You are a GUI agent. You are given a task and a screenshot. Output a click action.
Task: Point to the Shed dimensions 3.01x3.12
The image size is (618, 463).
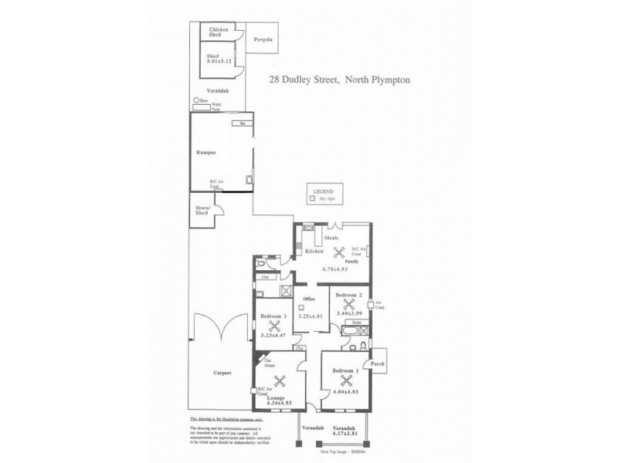click(x=219, y=61)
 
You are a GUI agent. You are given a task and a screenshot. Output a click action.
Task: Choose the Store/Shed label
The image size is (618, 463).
click(x=203, y=210)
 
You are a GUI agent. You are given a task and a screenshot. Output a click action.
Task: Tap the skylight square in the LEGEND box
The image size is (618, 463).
click(x=312, y=198)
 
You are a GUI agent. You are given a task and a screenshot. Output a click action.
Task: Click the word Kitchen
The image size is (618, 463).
click(x=313, y=252)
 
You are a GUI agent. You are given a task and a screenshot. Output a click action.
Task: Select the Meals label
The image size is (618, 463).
click(x=331, y=238)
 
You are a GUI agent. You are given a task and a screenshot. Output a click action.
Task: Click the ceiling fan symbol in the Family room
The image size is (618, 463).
click(x=337, y=252)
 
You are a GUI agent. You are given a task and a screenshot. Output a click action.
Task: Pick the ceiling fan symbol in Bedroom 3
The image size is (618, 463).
click(x=271, y=326)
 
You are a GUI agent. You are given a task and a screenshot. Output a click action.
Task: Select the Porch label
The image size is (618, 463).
click(x=378, y=362)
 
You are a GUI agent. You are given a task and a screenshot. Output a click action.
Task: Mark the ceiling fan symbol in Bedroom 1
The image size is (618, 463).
click(x=346, y=380)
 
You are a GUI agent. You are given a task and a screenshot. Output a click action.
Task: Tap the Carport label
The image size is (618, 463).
click(x=223, y=373)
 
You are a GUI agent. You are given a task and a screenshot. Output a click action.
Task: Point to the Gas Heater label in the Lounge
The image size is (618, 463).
click(x=270, y=363)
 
